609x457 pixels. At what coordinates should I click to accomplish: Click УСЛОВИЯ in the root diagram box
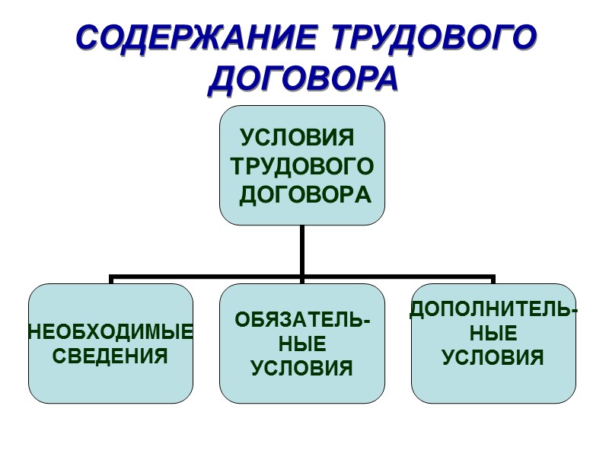pyautogui.click(x=298, y=139)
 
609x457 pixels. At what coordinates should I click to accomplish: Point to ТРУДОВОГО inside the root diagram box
pyautogui.click(x=302, y=167)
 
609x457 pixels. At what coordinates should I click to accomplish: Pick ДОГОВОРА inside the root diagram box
pyautogui.click(x=305, y=195)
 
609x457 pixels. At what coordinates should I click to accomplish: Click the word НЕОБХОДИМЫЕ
pyautogui.click(x=111, y=332)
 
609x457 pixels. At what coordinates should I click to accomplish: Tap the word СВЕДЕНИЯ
pyautogui.click(x=111, y=355)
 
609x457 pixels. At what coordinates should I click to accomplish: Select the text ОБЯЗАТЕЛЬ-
pyautogui.click(x=302, y=320)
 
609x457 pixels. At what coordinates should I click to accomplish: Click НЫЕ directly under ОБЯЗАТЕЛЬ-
pyautogui.click(x=302, y=344)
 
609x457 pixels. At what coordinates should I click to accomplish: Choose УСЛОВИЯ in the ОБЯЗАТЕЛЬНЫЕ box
pyautogui.click(x=302, y=369)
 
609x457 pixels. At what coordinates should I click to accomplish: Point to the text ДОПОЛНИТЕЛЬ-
pyautogui.click(x=494, y=309)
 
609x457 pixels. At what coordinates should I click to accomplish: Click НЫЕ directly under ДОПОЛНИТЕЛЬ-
pyautogui.click(x=494, y=333)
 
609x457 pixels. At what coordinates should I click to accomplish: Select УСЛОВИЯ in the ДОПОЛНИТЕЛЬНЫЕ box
pyautogui.click(x=494, y=356)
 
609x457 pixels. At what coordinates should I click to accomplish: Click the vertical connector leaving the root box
pyautogui.click(x=302, y=250)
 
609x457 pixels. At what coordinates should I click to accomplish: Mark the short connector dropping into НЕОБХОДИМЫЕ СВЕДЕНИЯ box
pyautogui.click(x=111, y=280)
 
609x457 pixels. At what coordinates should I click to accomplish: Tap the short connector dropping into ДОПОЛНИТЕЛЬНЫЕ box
pyautogui.click(x=493, y=280)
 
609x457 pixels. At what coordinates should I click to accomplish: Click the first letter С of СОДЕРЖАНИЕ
pyautogui.click(x=91, y=37)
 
